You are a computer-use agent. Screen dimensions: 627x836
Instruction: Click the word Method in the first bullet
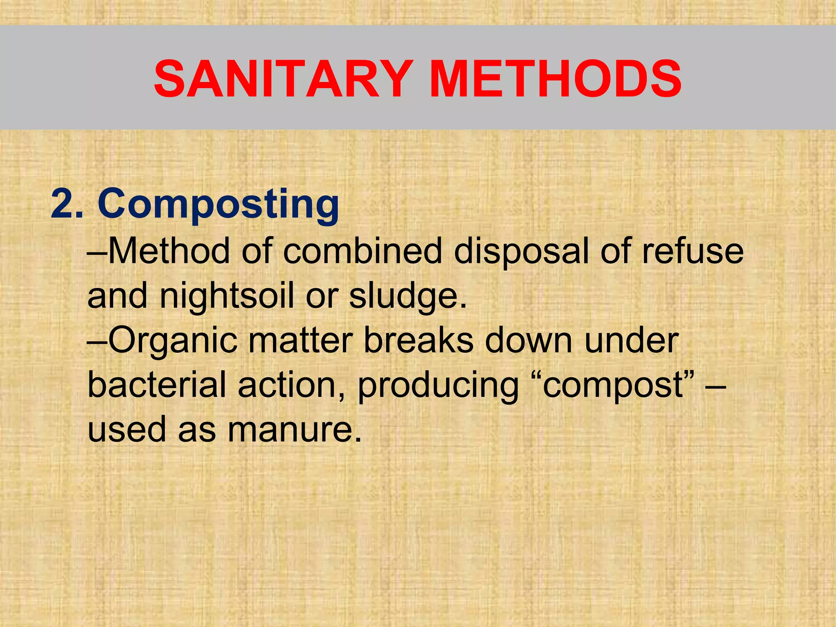pos(169,251)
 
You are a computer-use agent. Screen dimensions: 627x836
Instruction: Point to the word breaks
pos(418,340)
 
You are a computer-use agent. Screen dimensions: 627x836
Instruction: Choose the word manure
pos(294,431)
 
